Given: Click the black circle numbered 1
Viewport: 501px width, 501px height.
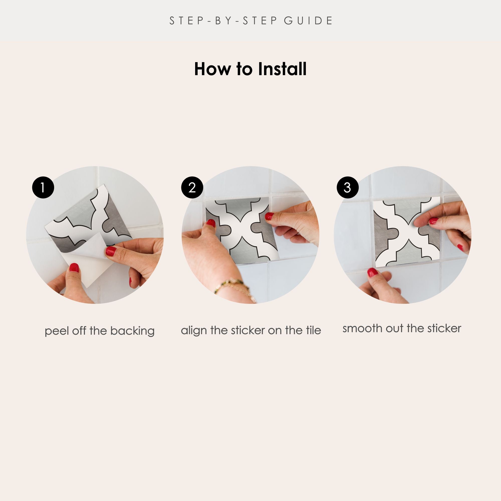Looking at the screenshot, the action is (x=43, y=187).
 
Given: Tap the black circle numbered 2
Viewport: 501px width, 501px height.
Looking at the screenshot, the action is (x=192, y=187).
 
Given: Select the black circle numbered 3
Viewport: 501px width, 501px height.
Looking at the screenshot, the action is (x=347, y=187).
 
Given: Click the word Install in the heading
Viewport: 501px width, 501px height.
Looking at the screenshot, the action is (x=282, y=69).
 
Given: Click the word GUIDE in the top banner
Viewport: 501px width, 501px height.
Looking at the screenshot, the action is (x=308, y=21).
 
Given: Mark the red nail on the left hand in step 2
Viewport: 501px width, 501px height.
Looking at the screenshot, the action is (x=211, y=223).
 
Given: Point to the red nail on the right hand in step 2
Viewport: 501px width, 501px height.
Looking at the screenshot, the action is (x=269, y=216).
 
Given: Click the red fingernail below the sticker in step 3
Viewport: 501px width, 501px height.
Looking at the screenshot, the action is (x=372, y=272).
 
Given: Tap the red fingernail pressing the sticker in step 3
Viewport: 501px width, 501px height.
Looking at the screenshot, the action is (x=433, y=221).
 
